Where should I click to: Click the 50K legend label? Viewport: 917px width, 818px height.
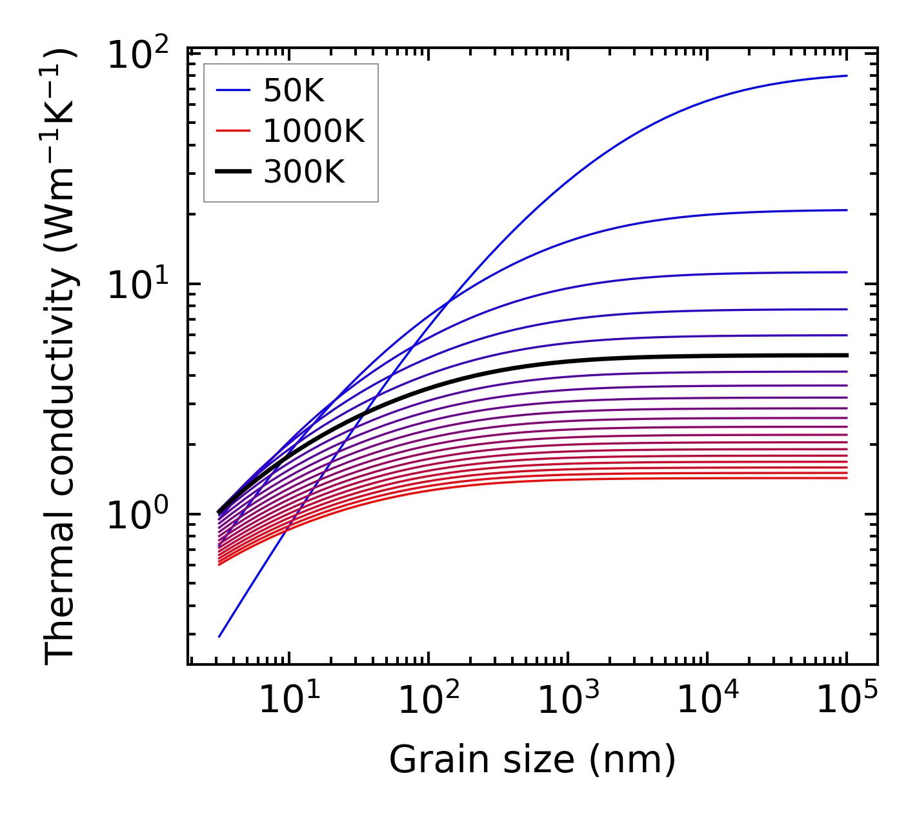click(x=294, y=92)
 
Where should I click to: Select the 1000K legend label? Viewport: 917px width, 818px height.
click(x=314, y=132)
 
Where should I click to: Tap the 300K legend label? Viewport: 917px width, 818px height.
click(x=304, y=172)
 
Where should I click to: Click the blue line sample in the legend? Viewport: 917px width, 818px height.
click(x=232, y=92)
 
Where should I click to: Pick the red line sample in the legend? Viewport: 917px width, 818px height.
click(x=232, y=132)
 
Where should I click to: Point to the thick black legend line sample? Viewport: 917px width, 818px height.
click(x=232, y=172)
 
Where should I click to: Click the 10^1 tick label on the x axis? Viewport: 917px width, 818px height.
click(x=289, y=699)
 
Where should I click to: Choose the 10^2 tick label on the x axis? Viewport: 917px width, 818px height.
click(x=428, y=699)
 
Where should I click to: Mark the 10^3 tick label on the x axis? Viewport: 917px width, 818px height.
click(x=568, y=699)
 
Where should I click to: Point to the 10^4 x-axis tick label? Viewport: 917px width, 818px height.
click(x=707, y=699)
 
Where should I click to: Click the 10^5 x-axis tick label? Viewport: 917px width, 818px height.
click(x=847, y=699)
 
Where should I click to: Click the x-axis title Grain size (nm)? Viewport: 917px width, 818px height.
click(x=532, y=759)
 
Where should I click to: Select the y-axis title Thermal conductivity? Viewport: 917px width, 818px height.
click(x=61, y=355)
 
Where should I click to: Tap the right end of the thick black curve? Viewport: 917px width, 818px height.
click(x=847, y=355)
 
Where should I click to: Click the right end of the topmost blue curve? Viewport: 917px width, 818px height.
click(x=847, y=76)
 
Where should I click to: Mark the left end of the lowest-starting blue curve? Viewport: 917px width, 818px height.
click(x=219, y=637)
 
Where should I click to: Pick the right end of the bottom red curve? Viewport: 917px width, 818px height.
click(x=847, y=478)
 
